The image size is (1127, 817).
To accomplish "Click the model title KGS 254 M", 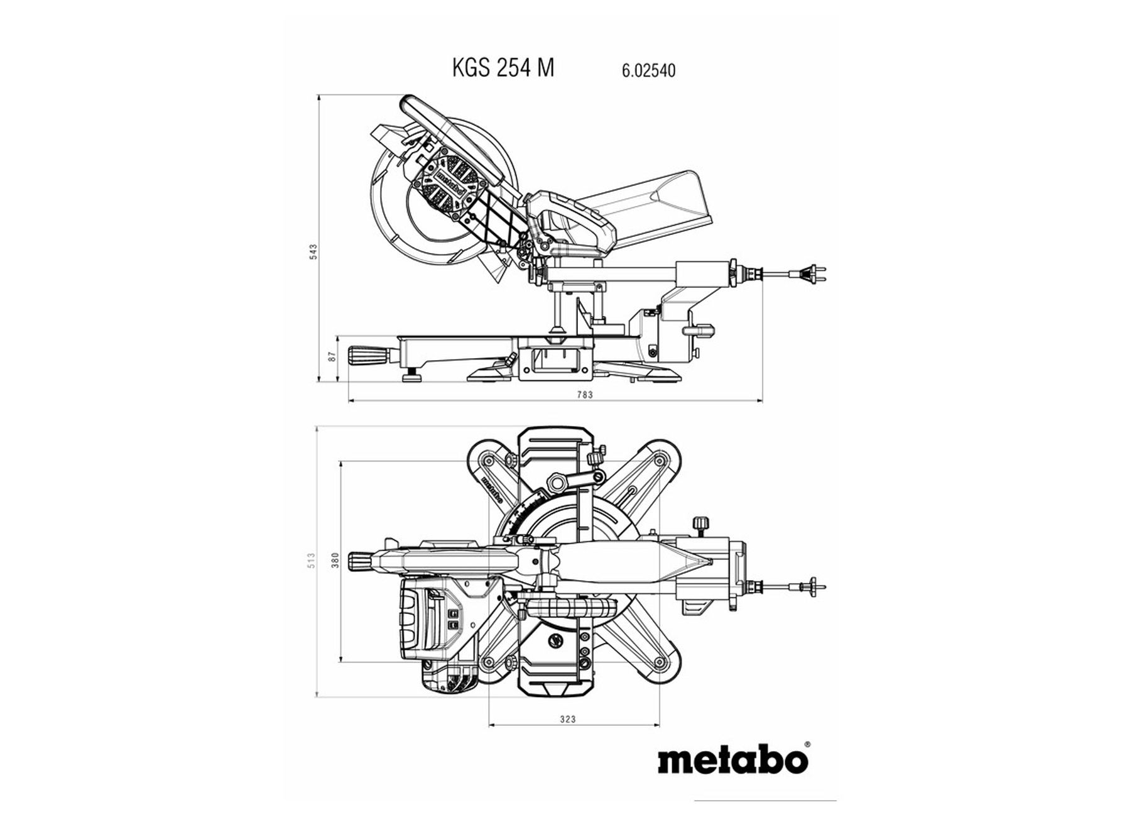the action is pos(503,67).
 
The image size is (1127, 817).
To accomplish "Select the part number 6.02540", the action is pos(649,70).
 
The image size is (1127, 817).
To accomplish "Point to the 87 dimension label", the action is pos(332,356).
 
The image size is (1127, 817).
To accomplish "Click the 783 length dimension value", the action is pos(585,395).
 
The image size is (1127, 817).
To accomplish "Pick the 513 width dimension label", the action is pos(310,561).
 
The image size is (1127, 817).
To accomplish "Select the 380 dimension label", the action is pos(335,561).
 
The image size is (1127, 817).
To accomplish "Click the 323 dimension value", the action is pos(567,719).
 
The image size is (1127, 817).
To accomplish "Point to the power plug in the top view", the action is pos(814,586).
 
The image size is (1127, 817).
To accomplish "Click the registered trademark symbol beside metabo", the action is pos(807,743).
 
